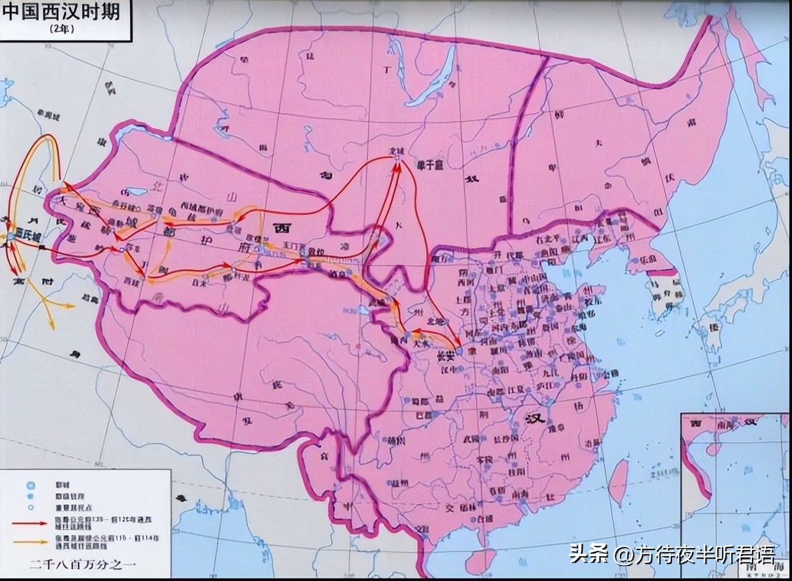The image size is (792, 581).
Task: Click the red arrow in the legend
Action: pos(33,523)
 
